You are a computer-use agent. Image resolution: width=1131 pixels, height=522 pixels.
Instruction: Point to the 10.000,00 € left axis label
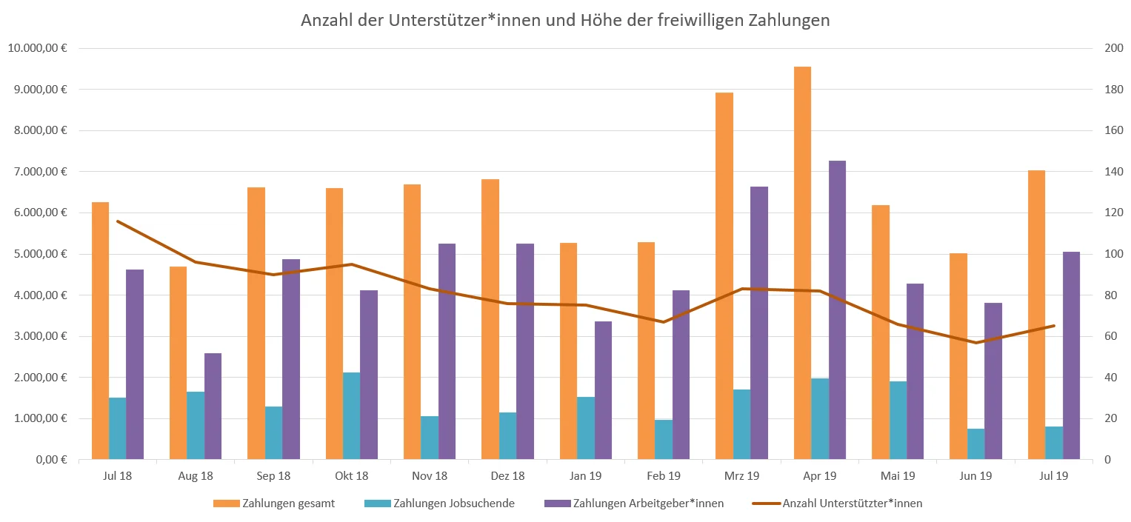pyautogui.click(x=37, y=49)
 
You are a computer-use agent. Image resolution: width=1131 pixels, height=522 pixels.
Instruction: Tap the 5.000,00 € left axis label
pyautogui.click(x=40, y=254)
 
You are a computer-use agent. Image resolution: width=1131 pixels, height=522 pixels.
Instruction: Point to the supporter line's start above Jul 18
pyautogui.click(x=117, y=221)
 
